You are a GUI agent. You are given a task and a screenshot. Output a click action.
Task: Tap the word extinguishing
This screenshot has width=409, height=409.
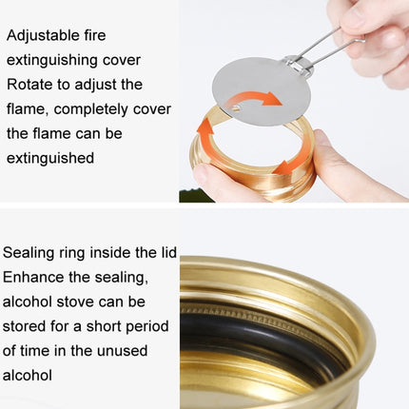click(x=51, y=60)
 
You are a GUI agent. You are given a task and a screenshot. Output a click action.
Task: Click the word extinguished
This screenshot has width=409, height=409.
click(x=50, y=158)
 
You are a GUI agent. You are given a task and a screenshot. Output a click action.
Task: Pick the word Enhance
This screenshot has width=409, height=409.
click(x=33, y=277)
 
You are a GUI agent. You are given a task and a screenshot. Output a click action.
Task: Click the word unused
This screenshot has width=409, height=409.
click(x=122, y=351)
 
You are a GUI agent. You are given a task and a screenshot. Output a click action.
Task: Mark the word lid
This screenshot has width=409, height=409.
click(x=166, y=253)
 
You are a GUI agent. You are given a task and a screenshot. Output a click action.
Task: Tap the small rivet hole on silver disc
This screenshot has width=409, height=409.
click(x=236, y=108)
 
